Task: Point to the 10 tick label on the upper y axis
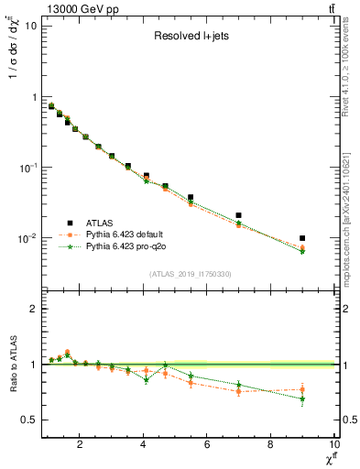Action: point(29,26)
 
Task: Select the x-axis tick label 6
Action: point(207,444)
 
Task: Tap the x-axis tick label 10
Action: point(333,444)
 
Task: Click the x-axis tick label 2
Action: point(81,444)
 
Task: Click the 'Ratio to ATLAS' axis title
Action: point(11,364)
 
